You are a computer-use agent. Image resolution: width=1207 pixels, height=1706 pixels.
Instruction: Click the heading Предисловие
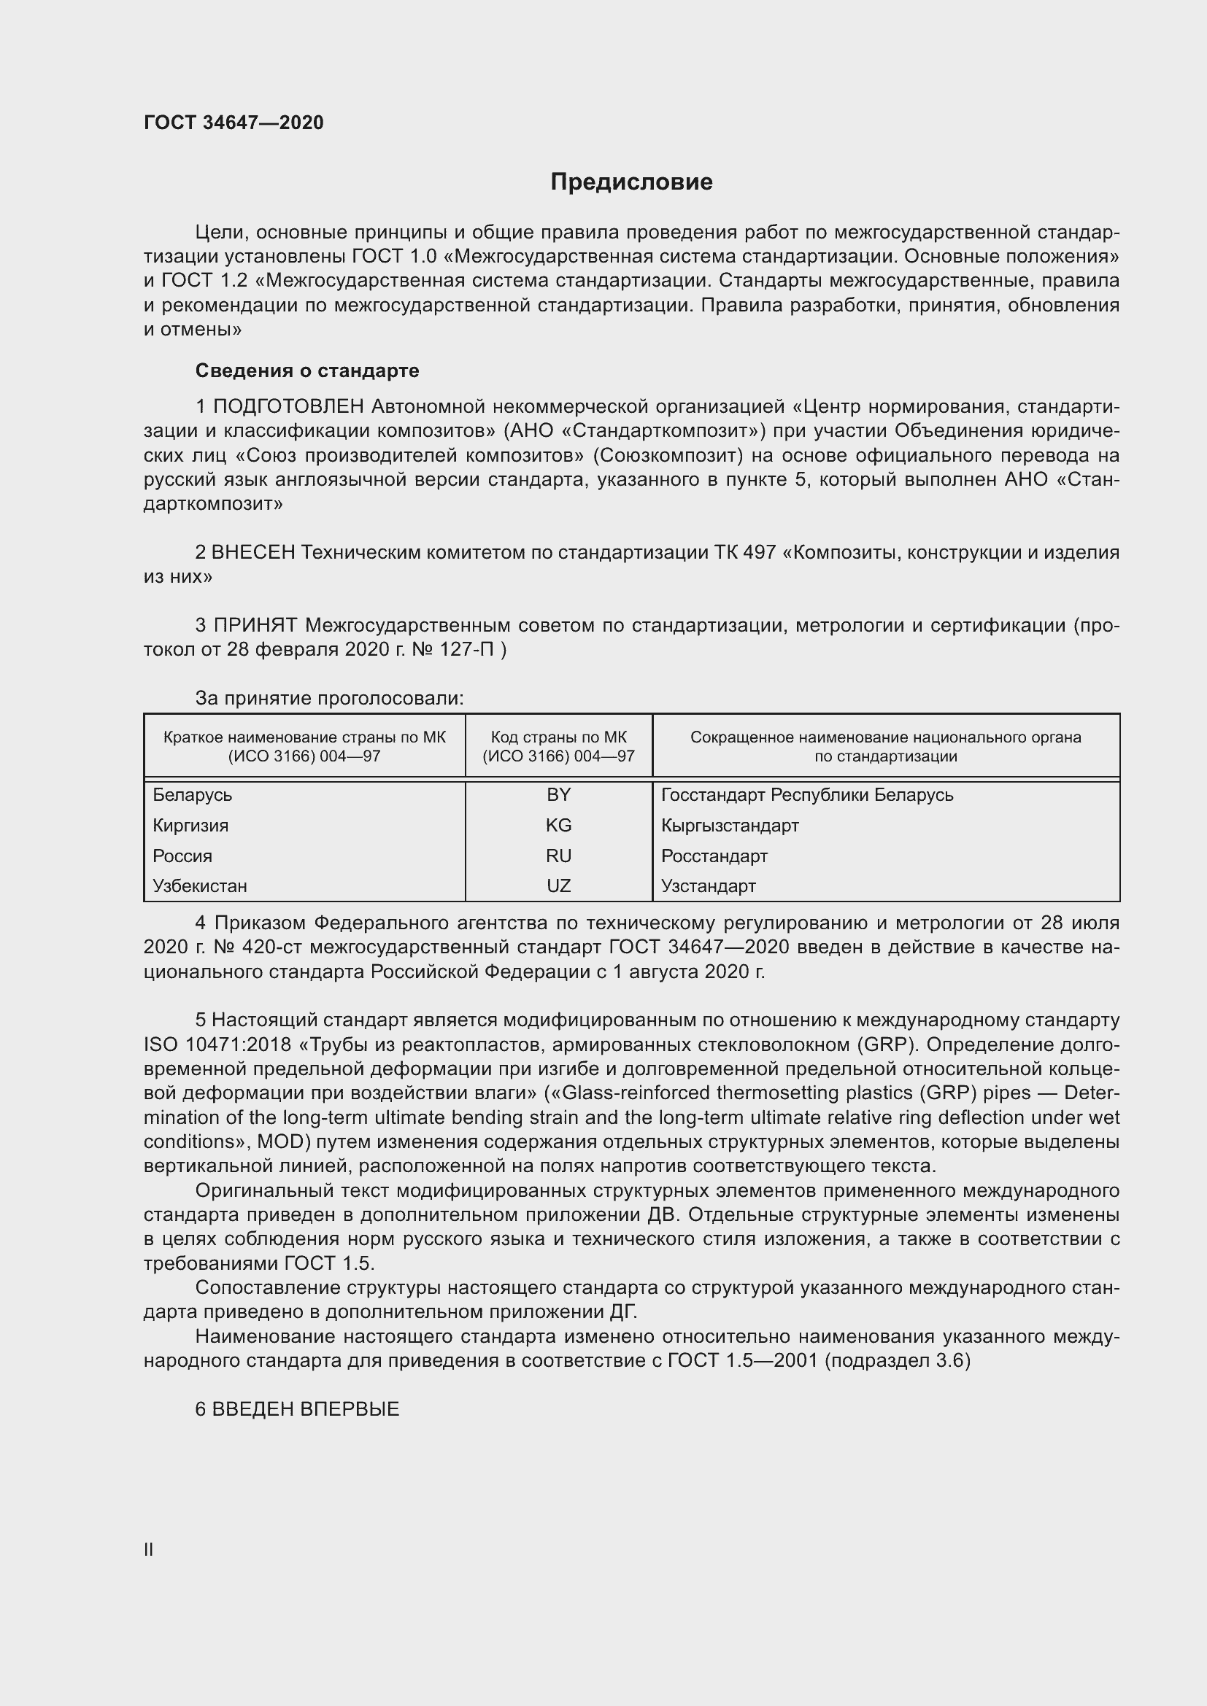coord(631,182)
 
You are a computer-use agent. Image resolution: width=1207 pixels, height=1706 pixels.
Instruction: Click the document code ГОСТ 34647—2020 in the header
coord(234,123)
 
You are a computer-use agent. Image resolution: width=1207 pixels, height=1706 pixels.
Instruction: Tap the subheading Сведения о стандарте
coord(307,370)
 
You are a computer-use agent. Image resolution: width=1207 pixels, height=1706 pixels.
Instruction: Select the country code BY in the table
coord(558,794)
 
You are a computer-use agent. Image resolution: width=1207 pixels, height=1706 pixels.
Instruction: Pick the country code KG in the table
coord(558,825)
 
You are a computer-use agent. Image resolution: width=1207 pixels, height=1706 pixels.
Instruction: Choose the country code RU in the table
coord(558,856)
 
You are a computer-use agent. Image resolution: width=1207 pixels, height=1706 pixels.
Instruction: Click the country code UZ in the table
coord(558,885)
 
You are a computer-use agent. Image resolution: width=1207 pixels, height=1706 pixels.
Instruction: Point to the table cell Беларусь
coord(193,794)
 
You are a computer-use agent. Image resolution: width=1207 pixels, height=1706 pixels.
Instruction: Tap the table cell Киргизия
coord(190,825)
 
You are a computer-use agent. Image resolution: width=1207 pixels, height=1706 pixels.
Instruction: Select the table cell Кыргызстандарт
coord(730,825)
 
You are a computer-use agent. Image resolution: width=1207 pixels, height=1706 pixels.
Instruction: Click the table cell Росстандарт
coord(714,856)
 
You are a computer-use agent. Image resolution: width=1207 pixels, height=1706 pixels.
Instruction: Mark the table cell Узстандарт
coord(709,885)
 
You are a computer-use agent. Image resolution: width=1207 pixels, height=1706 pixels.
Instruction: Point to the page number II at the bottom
coord(149,1549)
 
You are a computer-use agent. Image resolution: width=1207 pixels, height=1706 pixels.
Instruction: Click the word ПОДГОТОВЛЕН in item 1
coord(288,406)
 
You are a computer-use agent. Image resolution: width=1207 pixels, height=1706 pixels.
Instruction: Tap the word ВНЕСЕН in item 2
coord(253,552)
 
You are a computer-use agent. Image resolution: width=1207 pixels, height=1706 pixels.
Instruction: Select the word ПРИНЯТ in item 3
coord(255,625)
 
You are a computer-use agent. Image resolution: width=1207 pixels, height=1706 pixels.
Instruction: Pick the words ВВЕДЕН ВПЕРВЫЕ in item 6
coord(306,1409)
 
